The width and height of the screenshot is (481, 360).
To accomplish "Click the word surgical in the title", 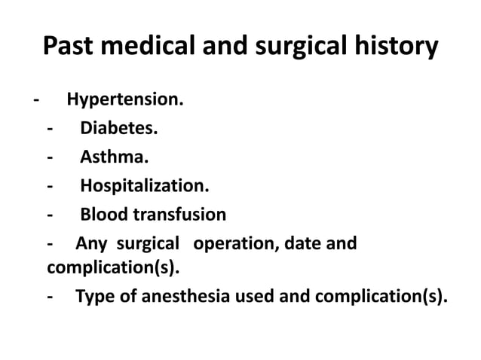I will tap(302, 47).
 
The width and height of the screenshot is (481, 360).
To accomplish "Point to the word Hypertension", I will tap(126, 100).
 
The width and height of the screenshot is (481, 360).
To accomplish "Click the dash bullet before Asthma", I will tap(50, 158).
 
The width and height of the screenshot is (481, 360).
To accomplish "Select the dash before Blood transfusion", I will tap(50, 215).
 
